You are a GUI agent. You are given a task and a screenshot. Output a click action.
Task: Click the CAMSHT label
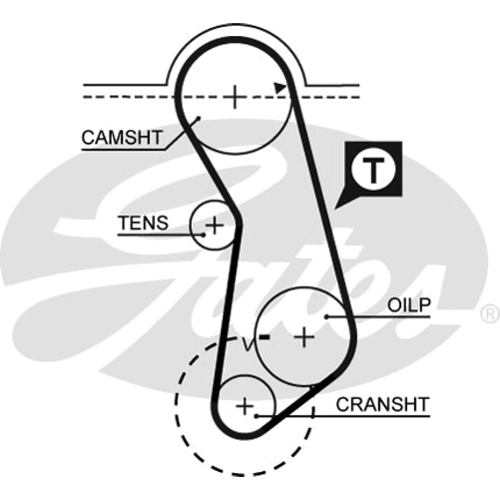tap(122, 137)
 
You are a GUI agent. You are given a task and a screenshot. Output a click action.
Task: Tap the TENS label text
tap(143, 222)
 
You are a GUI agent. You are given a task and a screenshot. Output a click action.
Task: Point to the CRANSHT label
tap(382, 405)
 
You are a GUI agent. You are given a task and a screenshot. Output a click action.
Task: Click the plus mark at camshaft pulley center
tap(235, 97)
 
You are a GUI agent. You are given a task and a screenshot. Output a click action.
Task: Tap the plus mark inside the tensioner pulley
tap(214, 225)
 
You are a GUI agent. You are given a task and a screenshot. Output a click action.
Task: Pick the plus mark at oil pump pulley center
tap(304, 337)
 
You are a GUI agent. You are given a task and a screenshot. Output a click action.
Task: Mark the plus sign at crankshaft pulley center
tap(245, 407)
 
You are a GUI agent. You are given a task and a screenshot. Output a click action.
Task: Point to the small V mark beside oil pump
tap(247, 344)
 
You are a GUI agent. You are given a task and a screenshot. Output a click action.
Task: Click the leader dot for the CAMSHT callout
tap(199, 118)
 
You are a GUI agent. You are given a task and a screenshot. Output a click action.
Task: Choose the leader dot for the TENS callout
tap(204, 235)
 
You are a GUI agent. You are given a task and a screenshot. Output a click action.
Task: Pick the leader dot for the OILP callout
tap(327, 317)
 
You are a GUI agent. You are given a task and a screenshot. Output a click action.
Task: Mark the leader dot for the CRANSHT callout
tap(256, 416)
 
